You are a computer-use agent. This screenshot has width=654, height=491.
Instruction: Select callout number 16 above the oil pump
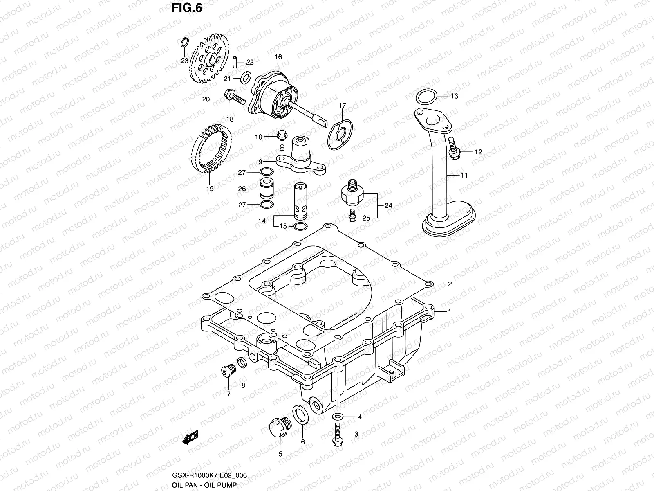(x=278, y=57)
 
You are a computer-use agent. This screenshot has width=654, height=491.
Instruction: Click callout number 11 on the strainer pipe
(x=464, y=175)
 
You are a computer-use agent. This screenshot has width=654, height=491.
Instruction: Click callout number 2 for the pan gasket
(x=450, y=284)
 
